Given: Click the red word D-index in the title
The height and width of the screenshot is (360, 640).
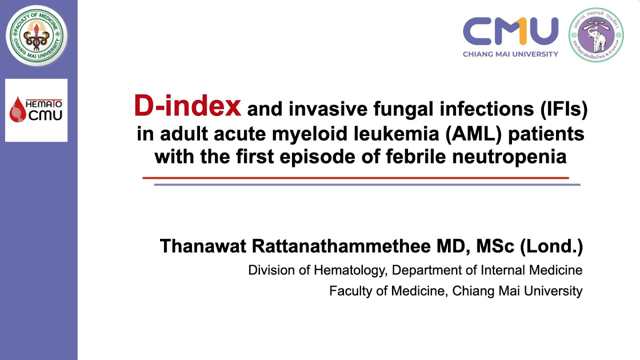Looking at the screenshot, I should tap(187, 106).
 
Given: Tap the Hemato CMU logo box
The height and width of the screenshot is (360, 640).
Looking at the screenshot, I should tap(36, 110).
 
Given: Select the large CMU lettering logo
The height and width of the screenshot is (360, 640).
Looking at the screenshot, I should tap(510, 31).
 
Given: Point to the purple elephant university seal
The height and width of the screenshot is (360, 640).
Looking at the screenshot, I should tap(596, 35).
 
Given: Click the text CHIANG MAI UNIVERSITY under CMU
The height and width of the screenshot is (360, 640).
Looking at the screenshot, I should tap(510, 54).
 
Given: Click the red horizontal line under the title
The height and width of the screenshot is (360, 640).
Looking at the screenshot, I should tap(355, 177).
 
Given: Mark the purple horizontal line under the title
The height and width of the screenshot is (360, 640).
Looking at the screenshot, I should tap(366, 184).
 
